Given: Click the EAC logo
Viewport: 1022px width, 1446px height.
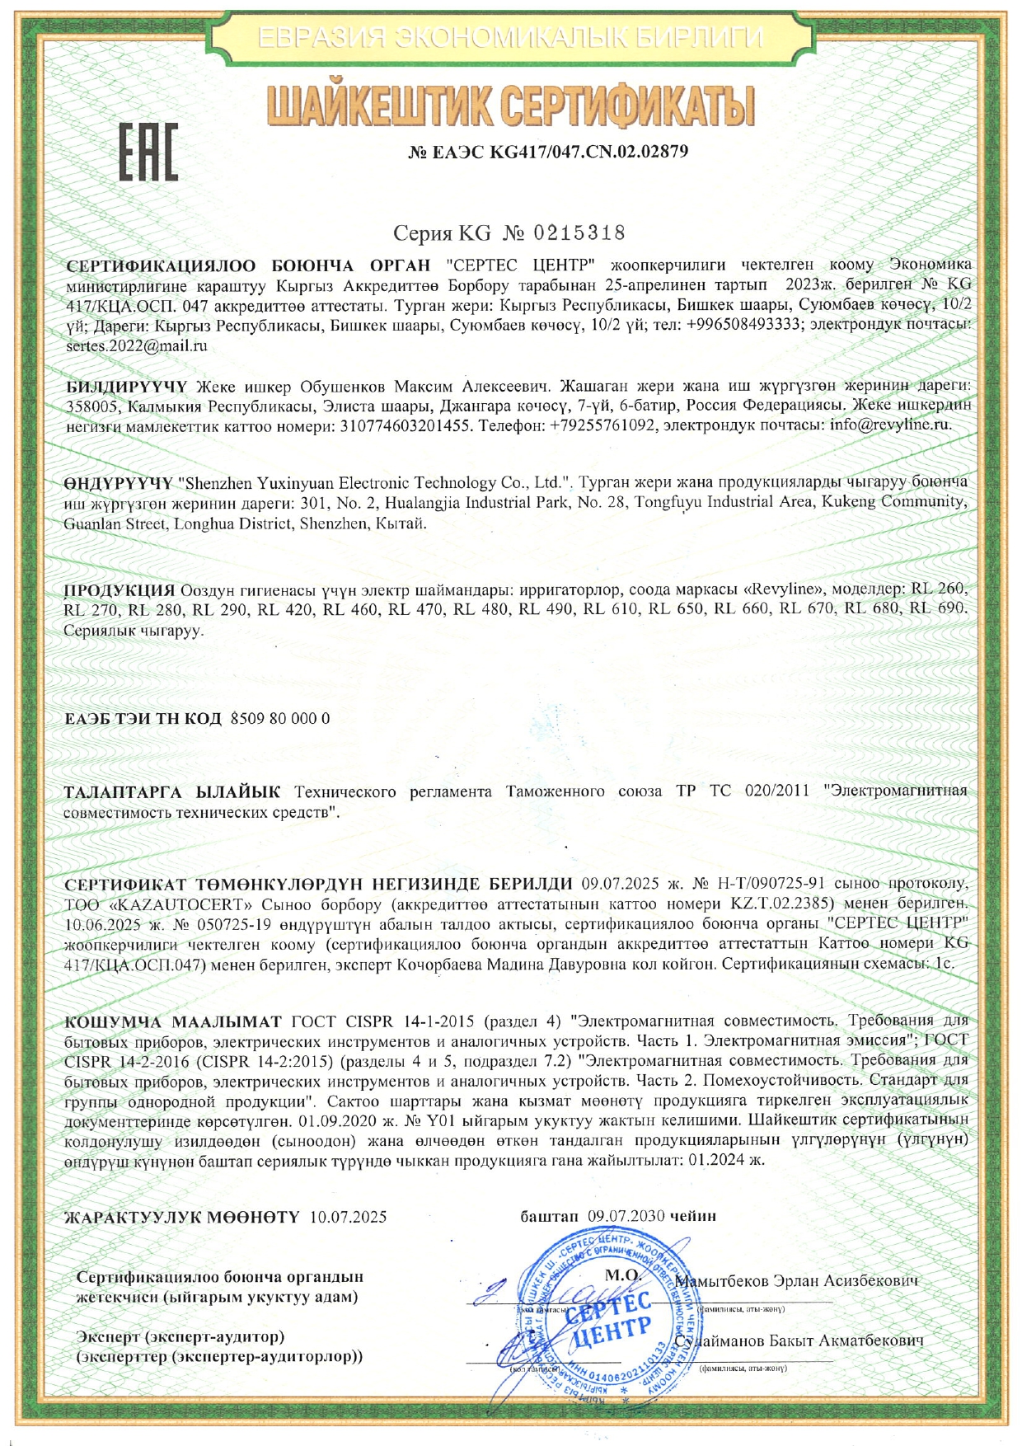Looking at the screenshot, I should tap(148, 153).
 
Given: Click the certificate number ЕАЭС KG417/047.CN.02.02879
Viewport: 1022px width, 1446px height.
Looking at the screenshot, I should tap(548, 152).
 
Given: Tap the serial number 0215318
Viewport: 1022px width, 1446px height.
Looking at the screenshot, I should tap(580, 233).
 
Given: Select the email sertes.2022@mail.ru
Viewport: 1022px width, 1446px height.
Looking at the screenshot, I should tap(136, 345).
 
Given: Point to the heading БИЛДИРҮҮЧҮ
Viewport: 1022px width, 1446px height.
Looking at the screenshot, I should tap(127, 386).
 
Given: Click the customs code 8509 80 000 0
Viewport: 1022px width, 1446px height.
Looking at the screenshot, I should tap(280, 718).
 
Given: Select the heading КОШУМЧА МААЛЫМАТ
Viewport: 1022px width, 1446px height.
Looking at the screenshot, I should tap(173, 1022).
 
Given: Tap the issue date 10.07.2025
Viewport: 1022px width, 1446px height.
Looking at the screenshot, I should tap(348, 1216).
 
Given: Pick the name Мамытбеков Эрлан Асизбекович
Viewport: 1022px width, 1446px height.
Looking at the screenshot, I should tap(795, 1281).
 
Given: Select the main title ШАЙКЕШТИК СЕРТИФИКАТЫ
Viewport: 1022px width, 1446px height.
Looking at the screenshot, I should tap(511, 109).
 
